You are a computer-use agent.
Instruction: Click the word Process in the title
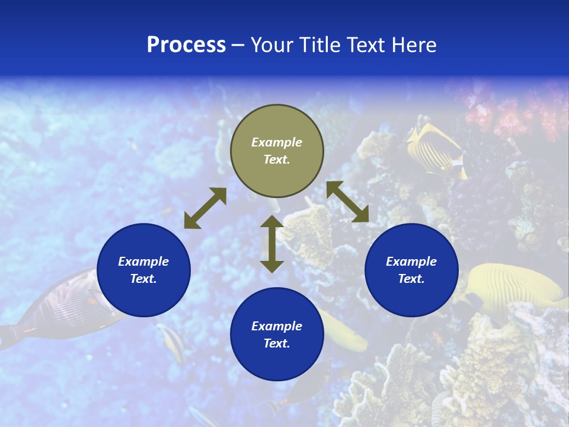(186, 45)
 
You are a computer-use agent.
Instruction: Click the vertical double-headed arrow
(272, 244)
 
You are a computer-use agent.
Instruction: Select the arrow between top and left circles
(205, 208)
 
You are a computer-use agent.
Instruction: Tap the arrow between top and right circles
(347, 202)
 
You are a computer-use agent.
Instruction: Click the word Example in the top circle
(277, 142)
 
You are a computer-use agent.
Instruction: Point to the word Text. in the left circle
(143, 279)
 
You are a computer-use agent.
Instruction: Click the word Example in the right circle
(411, 262)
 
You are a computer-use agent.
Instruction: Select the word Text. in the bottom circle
(277, 343)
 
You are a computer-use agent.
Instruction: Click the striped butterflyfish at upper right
(437, 148)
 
